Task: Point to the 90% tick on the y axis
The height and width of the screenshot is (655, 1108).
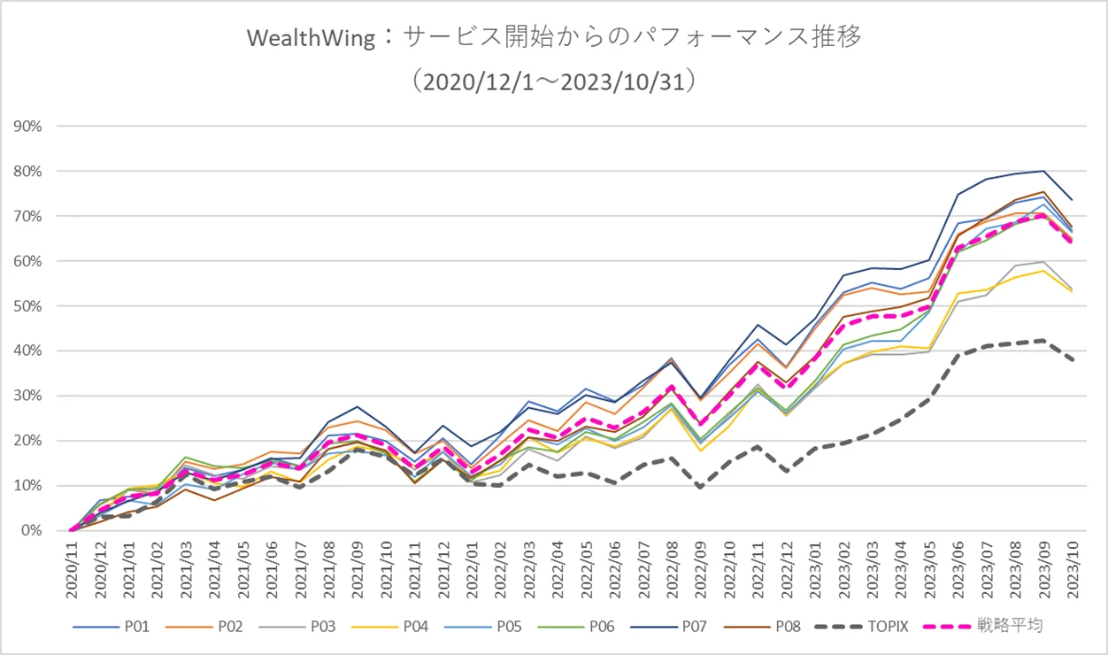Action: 28,126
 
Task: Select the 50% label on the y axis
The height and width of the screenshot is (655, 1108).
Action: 28,305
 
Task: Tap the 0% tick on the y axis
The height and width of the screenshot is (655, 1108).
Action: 32,530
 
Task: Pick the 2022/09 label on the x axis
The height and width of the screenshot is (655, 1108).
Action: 701,570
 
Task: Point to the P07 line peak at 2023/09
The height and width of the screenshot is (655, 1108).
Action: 1044,171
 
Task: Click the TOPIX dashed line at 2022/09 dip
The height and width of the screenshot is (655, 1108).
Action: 701,488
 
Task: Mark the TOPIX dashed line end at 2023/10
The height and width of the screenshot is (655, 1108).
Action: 1073,361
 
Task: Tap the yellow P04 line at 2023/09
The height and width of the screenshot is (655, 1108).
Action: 1044,271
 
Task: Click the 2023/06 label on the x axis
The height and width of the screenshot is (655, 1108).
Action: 958,570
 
